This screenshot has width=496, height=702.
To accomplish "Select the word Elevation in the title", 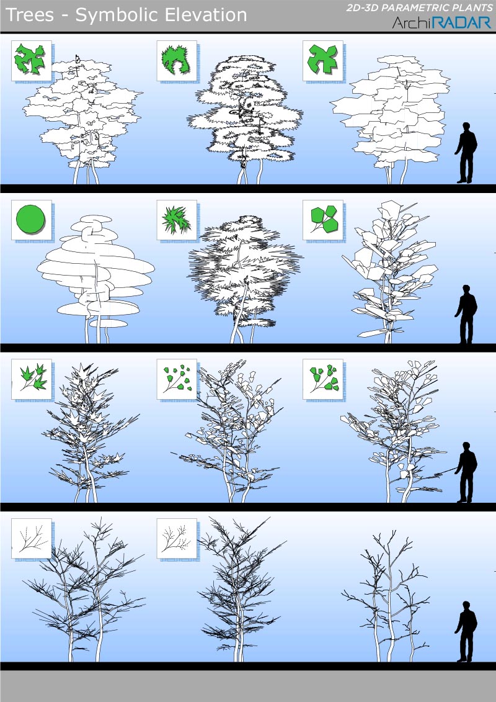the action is [x=206, y=16].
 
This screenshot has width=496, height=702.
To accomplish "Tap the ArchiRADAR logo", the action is [x=441, y=22].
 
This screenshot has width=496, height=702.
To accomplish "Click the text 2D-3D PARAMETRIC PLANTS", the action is [x=420, y=7].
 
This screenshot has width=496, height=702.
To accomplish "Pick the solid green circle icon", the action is [x=30, y=219].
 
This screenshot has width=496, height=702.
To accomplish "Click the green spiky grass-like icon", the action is [x=177, y=220].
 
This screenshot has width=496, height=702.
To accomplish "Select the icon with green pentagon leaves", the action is [x=322, y=219].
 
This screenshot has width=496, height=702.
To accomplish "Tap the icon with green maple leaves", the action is [x=31, y=379].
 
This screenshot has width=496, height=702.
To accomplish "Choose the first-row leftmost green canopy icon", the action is [x=30, y=59].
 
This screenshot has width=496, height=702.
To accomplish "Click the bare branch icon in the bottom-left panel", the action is [x=31, y=538].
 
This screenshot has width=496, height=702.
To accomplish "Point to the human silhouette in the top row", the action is [x=466, y=153].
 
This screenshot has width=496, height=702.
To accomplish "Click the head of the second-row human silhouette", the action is [x=466, y=289].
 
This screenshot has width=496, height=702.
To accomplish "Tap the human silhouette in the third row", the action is [x=466, y=472].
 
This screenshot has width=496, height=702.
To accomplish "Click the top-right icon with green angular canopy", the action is [x=322, y=60].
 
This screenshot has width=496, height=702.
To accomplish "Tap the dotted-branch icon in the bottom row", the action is [x=177, y=538].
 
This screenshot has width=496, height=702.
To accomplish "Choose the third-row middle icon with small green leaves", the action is [x=177, y=379].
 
